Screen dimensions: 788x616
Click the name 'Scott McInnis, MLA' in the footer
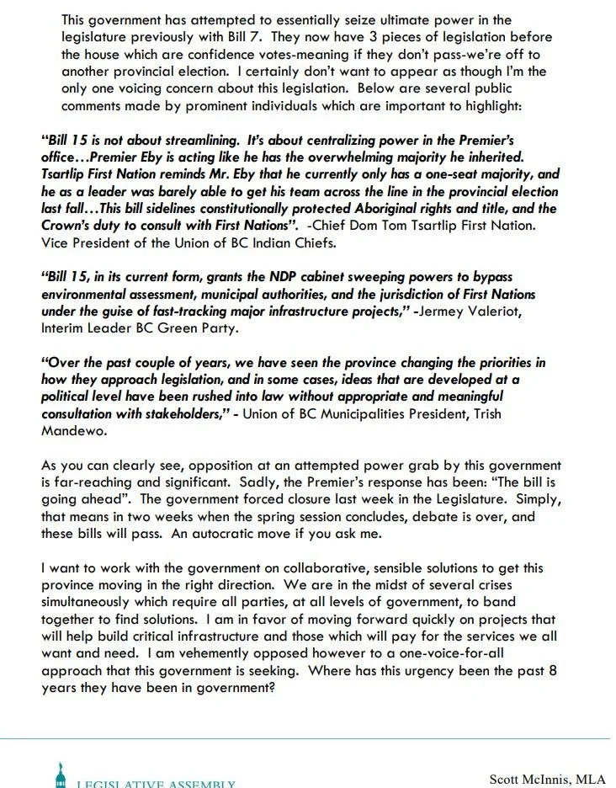point(547,780)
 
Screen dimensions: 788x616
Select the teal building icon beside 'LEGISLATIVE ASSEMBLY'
point(59,776)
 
